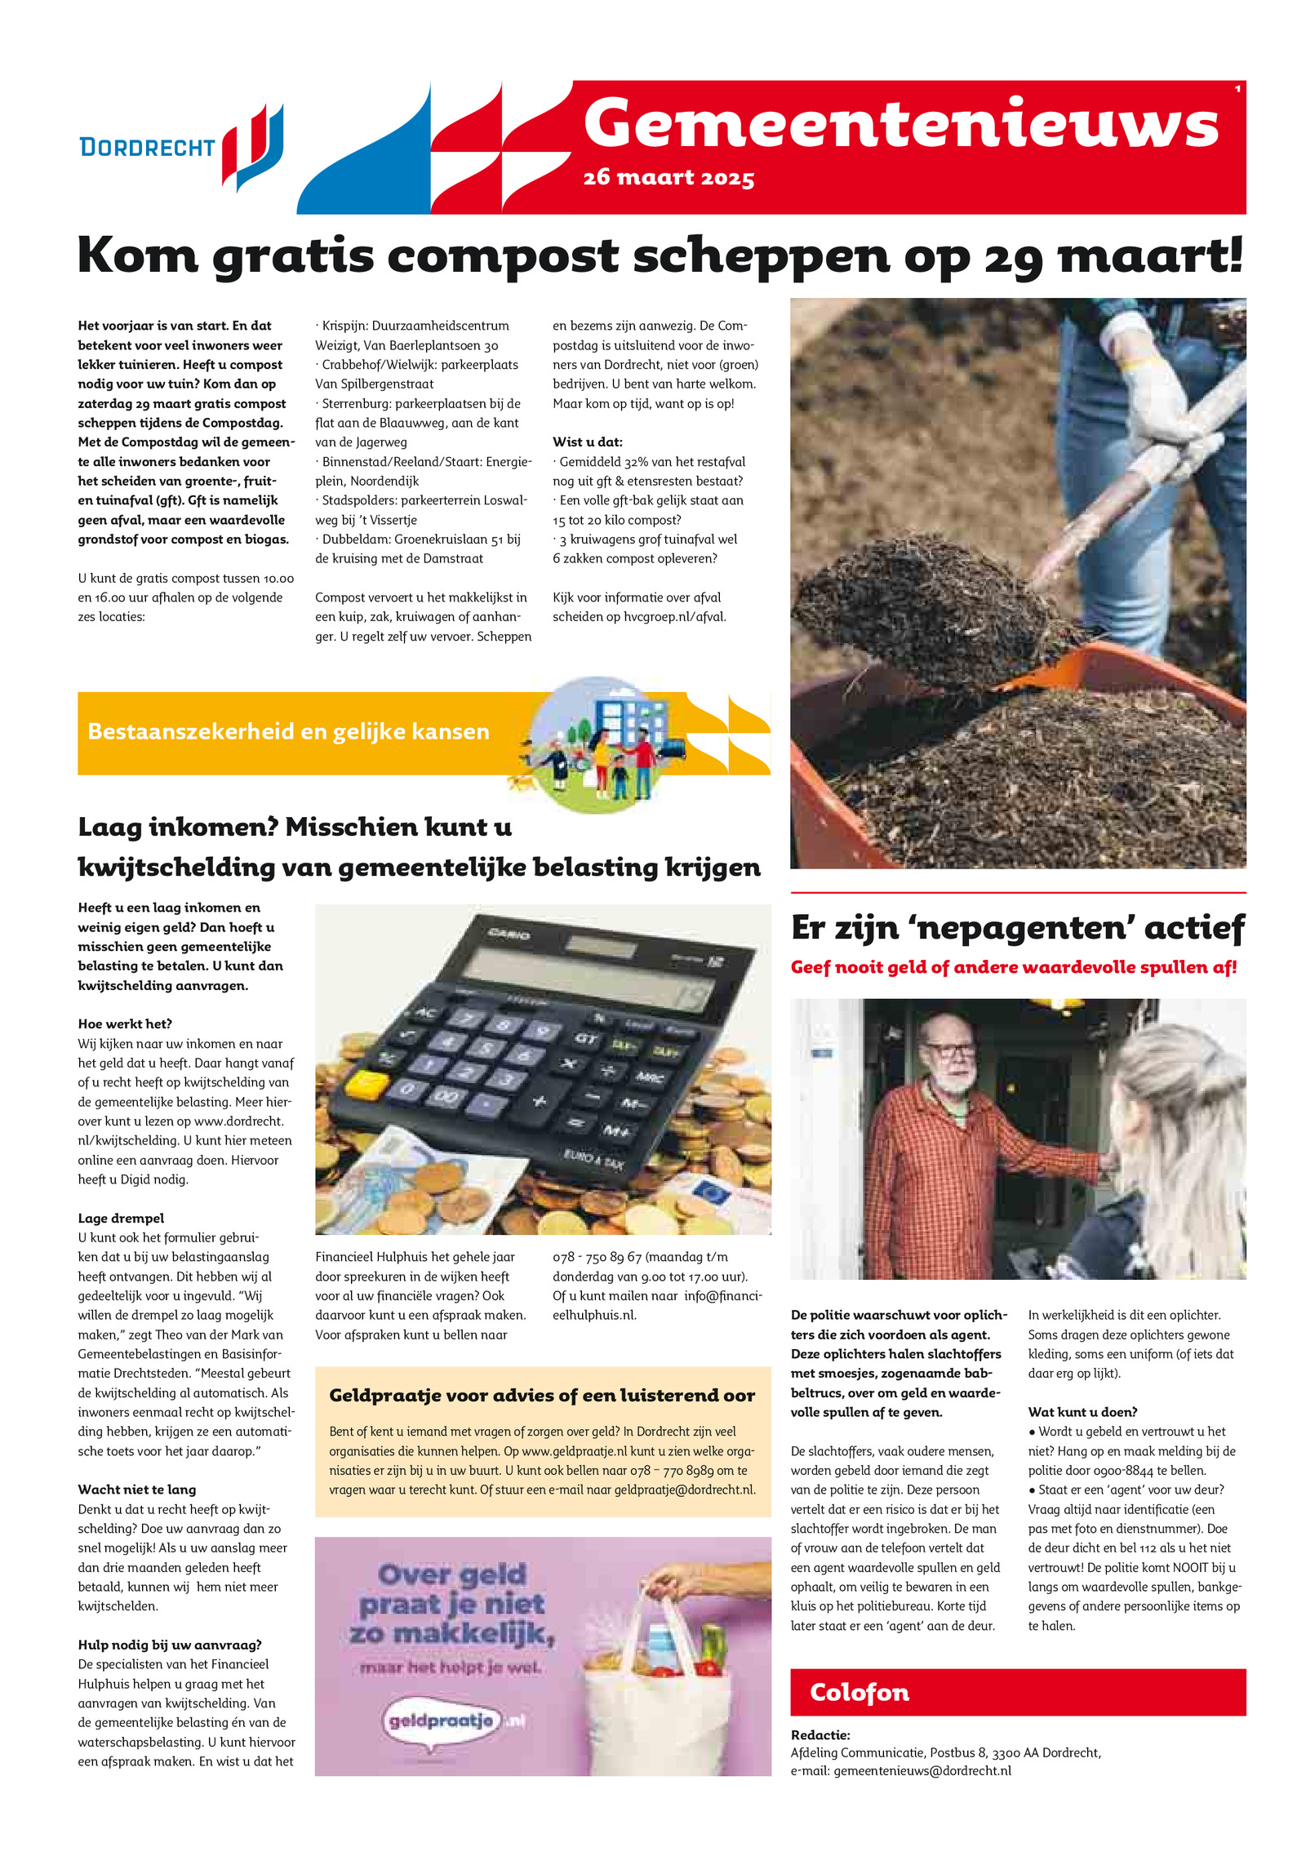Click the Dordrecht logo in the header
tap(181, 147)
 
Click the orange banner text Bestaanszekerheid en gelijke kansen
tap(288, 731)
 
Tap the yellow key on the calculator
tap(366, 1083)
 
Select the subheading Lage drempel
tap(121, 1218)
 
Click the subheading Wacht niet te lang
tap(136, 1490)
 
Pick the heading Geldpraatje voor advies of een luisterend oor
tap(542, 1396)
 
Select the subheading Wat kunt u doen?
tap(1082, 1412)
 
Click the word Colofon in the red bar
tap(859, 1692)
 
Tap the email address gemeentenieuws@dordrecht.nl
tap(922, 1770)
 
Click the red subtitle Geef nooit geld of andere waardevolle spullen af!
tap(1013, 967)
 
